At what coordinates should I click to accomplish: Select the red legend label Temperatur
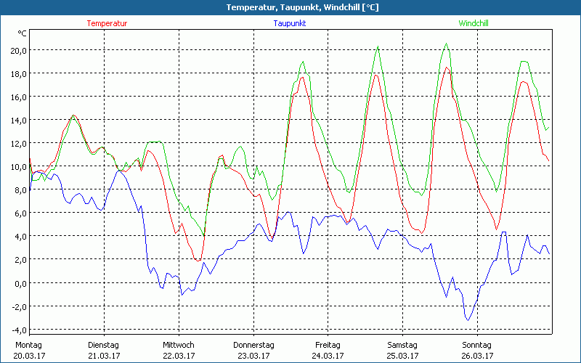click(107, 23)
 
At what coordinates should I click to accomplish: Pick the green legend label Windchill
click(473, 23)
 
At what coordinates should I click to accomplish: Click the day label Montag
click(29, 345)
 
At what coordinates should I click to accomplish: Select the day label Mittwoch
click(179, 345)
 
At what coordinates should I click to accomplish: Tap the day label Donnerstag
click(253, 345)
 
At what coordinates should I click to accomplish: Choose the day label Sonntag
click(476, 345)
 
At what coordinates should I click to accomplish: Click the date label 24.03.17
click(328, 356)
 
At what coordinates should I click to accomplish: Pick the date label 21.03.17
click(104, 356)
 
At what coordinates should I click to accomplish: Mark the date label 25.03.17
click(402, 356)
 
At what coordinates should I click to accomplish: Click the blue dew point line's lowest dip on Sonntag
click(468, 319)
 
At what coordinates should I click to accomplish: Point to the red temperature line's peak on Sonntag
click(447, 68)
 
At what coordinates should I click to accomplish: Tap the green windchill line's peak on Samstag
click(378, 48)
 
